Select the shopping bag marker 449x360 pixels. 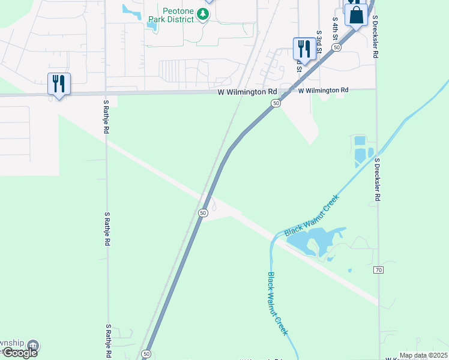click(x=356, y=16)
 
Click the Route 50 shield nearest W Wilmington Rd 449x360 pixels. click(x=275, y=104)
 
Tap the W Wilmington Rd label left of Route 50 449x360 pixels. click(x=247, y=92)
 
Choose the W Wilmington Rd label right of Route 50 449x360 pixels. click(x=323, y=90)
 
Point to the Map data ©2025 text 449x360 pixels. click(x=423, y=355)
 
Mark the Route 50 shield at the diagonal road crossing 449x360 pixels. click(x=203, y=212)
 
